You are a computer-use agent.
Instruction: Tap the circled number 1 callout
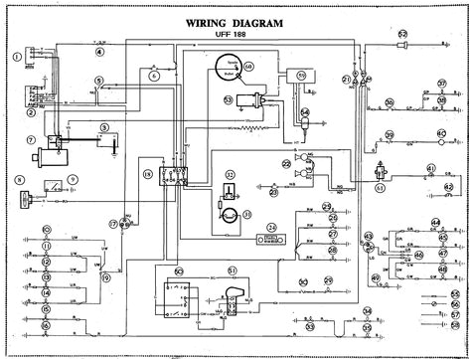[15, 59]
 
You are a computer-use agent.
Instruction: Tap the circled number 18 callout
[147, 175]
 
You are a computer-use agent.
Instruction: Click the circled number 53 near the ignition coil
[228, 99]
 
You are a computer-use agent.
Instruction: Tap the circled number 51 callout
[232, 270]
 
